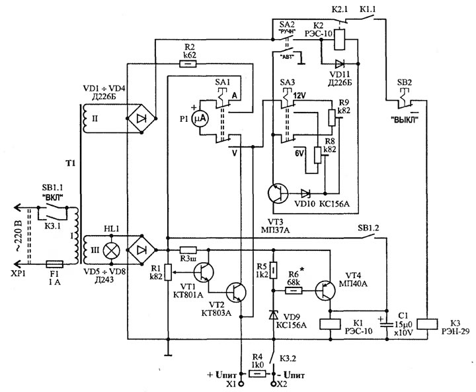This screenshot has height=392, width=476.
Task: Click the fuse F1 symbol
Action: (x=54, y=264)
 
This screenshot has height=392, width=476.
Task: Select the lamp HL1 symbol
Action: (x=112, y=250)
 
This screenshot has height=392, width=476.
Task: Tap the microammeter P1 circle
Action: (x=200, y=119)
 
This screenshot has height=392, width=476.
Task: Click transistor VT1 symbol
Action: (x=204, y=272)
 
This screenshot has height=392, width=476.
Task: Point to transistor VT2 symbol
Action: (x=236, y=293)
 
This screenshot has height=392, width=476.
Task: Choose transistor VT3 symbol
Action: (x=278, y=193)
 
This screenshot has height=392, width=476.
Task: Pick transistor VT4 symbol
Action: (x=325, y=291)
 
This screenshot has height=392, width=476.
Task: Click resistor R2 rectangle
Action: (x=188, y=64)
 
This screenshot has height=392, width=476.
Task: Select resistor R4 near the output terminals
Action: (x=257, y=373)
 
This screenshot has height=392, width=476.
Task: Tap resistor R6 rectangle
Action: (x=294, y=291)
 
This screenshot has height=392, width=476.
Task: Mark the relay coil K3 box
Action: (x=427, y=324)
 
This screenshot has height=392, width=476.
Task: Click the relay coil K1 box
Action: (x=330, y=324)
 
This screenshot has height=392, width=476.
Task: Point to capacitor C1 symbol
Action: (x=387, y=323)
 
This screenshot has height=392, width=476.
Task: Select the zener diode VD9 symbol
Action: (x=274, y=315)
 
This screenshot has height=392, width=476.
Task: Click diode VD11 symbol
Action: (x=339, y=64)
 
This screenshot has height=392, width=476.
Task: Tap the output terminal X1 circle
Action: (x=241, y=384)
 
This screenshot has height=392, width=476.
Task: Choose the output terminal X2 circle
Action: (x=274, y=384)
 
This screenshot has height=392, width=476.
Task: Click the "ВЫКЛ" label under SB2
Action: (x=405, y=119)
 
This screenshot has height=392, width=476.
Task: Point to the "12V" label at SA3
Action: (x=299, y=95)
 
